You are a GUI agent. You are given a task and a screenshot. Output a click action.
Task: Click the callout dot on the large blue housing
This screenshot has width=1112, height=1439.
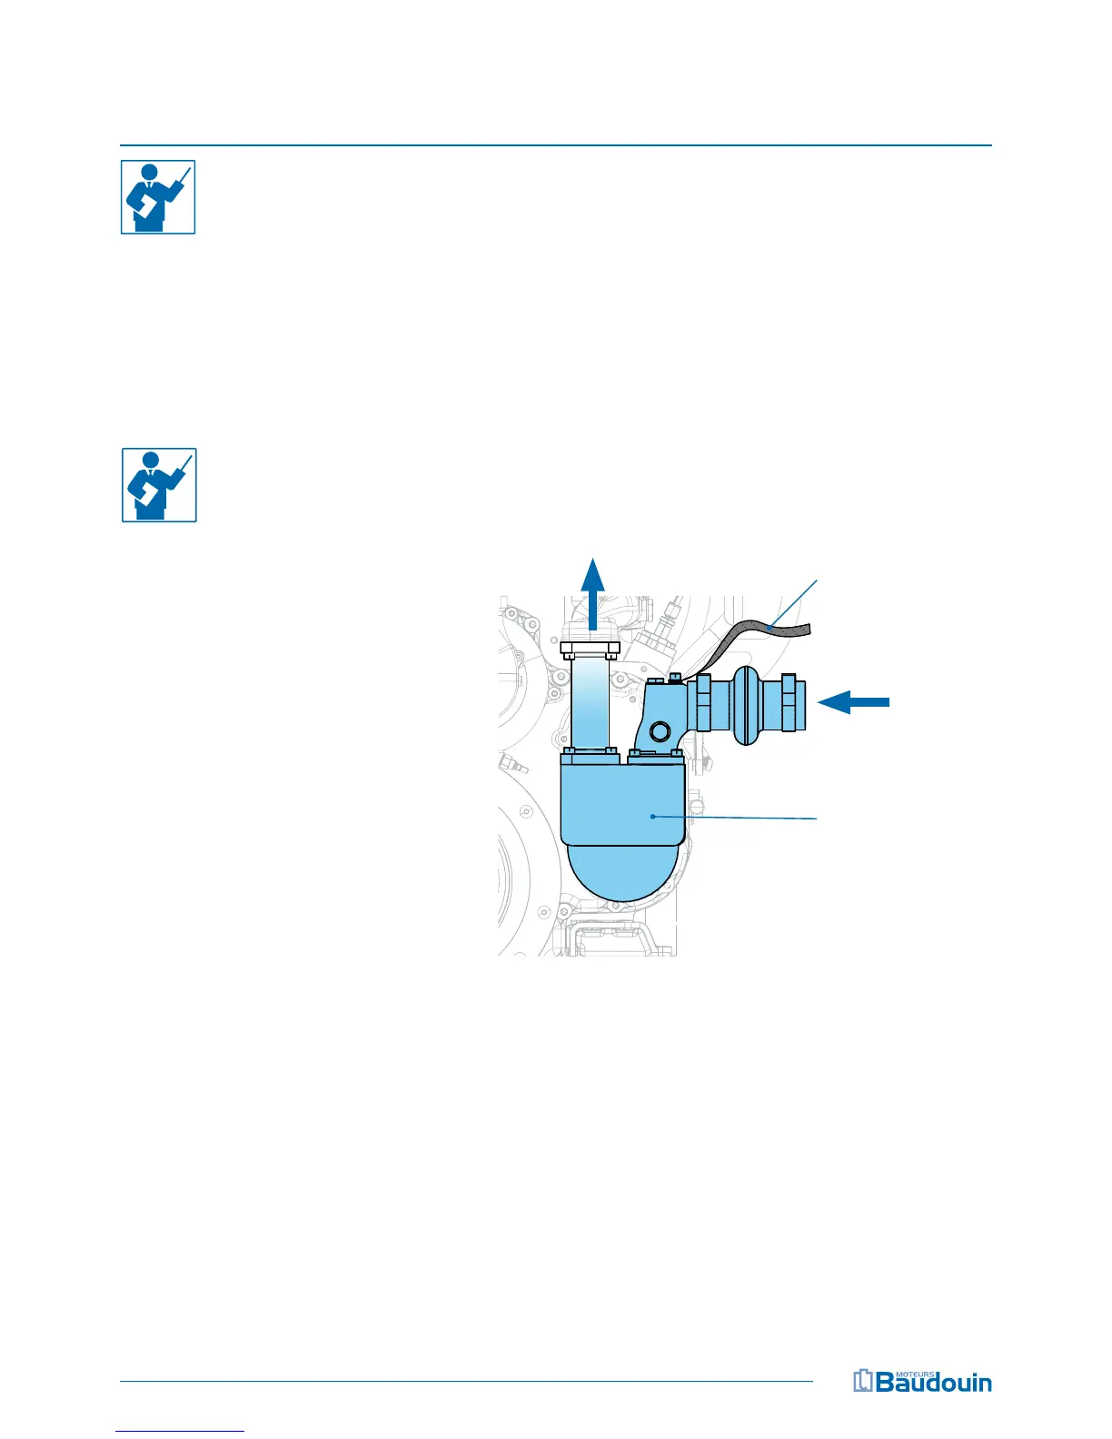pyautogui.click(x=653, y=817)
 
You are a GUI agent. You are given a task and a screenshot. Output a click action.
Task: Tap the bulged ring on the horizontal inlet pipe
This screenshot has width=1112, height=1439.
pyautogui.click(x=745, y=706)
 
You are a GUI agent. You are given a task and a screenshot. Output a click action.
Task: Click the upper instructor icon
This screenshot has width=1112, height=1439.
pyautogui.click(x=158, y=197)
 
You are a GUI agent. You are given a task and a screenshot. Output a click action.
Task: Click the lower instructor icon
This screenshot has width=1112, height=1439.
pyautogui.click(x=159, y=484)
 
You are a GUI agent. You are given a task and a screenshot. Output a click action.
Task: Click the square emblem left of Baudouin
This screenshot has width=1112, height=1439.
pyautogui.click(x=862, y=1381)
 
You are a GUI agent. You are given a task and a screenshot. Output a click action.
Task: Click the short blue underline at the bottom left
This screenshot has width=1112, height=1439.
pyautogui.click(x=181, y=1431)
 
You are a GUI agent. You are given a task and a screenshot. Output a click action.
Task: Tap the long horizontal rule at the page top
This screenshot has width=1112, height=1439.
pyautogui.click(x=556, y=144)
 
